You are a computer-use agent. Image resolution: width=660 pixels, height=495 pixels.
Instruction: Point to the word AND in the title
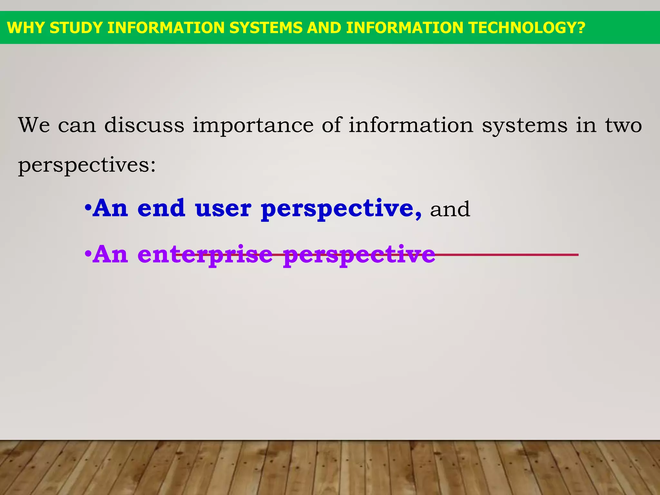[x=324, y=28]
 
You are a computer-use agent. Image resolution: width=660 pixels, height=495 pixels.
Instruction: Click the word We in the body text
[x=34, y=125]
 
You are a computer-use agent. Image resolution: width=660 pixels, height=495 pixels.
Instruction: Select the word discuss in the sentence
[x=144, y=125]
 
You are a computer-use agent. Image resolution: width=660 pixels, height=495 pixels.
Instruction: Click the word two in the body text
[x=623, y=125]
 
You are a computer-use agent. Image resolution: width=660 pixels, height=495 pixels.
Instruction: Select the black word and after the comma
[x=450, y=209]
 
